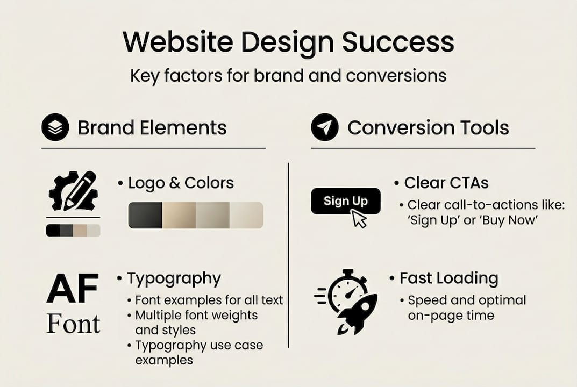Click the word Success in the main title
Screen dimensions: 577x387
pyautogui.click(x=398, y=41)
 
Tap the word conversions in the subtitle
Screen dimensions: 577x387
pyautogui.click(x=396, y=75)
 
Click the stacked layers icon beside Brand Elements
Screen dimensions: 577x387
pyautogui.click(x=55, y=127)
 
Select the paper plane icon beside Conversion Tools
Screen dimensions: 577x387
pyautogui.click(x=325, y=127)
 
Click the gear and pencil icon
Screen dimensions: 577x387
pyautogui.click(x=74, y=191)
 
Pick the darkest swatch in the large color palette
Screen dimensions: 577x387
pyautogui.click(x=145, y=215)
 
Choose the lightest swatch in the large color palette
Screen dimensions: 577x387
pyautogui.click(x=246, y=215)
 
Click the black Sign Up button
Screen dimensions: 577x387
pyautogui.click(x=346, y=201)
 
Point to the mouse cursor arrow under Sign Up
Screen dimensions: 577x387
pyautogui.click(x=359, y=219)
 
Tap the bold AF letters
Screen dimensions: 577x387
pyautogui.click(x=73, y=289)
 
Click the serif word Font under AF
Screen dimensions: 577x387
pyautogui.click(x=74, y=324)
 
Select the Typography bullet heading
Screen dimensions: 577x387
pyautogui.click(x=174, y=278)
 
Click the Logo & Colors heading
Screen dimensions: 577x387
pyautogui.click(x=181, y=183)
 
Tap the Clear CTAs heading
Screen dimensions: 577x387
pyautogui.click(x=446, y=183)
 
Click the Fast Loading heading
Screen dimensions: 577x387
pyautogui.click(x=449, y=278)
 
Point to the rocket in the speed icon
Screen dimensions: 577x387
pyautogui.click(x=357, y=314)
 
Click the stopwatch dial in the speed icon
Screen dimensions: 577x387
pyautogui.click(x=347, y=292)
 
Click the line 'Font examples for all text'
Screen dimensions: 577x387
pyautogui.click(x=209, y=300)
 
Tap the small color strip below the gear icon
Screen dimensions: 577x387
pyautogui.click(x=73, y=230)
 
